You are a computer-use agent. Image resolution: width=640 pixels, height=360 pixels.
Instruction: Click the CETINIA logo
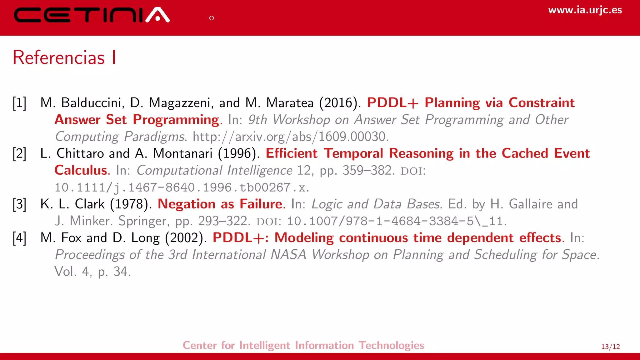pos(92,15)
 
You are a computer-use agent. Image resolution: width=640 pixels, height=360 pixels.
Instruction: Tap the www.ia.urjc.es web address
pos(585,10)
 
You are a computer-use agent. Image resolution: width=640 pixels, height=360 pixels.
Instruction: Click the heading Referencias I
pos(64,57)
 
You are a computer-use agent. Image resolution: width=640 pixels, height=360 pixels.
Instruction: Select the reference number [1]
pos(19,103)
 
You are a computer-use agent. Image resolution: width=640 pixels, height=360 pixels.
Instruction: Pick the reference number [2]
pos(19,153)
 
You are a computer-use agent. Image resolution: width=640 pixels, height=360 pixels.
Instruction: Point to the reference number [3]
pos(19,204)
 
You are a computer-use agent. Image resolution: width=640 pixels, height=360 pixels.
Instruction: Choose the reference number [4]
pos(19,238)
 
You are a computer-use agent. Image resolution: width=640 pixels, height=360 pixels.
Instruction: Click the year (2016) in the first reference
pos(338,103)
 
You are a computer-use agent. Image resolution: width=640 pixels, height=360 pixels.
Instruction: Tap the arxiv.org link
pos(291,137)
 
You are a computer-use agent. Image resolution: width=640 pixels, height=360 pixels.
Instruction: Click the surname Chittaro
pos(80,153)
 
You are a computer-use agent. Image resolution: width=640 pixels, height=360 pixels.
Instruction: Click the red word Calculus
pos(81,170)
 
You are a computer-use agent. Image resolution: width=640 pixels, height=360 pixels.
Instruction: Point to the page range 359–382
pos(367,170)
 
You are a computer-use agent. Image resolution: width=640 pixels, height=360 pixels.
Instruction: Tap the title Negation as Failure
pos(220,204)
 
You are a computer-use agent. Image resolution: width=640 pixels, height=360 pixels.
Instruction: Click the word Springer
pos(142,221)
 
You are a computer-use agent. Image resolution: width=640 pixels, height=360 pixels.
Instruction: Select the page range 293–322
pos(222,221)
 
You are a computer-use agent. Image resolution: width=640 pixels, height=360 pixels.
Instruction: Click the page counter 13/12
pos(610,347)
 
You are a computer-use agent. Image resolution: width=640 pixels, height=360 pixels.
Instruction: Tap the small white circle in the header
pos(212,18)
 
